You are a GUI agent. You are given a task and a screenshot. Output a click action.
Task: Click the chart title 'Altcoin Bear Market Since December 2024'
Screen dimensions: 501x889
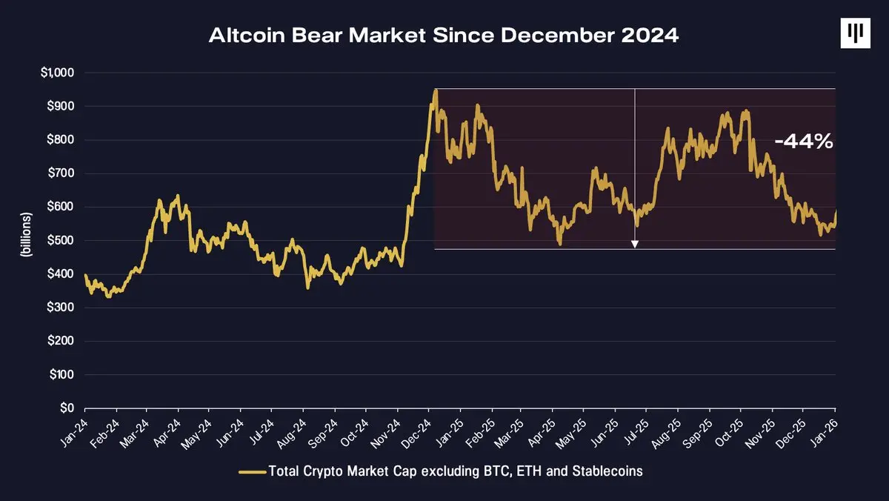click(444, 36)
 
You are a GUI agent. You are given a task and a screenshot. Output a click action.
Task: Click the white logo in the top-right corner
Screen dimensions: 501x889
click(855, 33)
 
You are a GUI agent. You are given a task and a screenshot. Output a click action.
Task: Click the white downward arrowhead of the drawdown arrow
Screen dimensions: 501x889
click(635, 243)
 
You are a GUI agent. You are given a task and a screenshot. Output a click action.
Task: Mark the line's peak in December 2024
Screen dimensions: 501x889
click(436, 90)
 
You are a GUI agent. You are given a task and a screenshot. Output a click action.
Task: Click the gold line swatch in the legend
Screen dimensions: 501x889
click(253, 471)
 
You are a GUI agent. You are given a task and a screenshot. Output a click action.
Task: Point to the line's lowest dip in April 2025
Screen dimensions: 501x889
click(560, 244)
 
